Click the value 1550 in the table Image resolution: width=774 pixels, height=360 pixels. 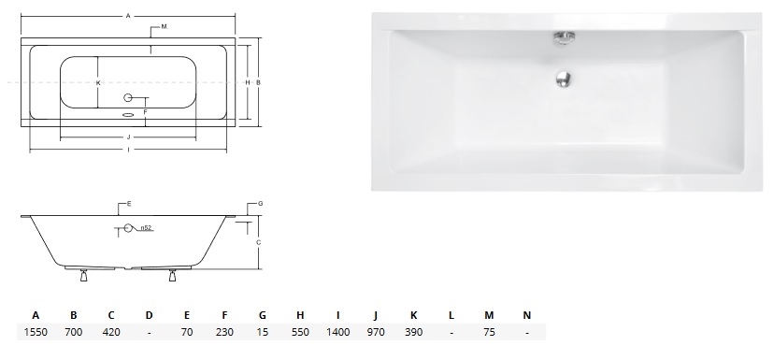[x=36, y=332]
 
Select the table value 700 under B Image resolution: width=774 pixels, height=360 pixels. [x=74, y=332]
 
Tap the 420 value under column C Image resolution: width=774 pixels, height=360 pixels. [x=111, y=332]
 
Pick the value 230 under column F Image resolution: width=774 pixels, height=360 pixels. [x=224, y=332]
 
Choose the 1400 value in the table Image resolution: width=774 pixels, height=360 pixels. [x=338, y=332]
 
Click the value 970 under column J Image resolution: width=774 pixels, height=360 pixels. [x=376, y=332]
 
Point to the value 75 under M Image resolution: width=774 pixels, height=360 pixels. [x=489, y=332]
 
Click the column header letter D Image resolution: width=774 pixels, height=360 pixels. [x=149, y=315]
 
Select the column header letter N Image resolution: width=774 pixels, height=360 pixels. [x=526, y=315]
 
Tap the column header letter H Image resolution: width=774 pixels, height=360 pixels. [x=300, y=315]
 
